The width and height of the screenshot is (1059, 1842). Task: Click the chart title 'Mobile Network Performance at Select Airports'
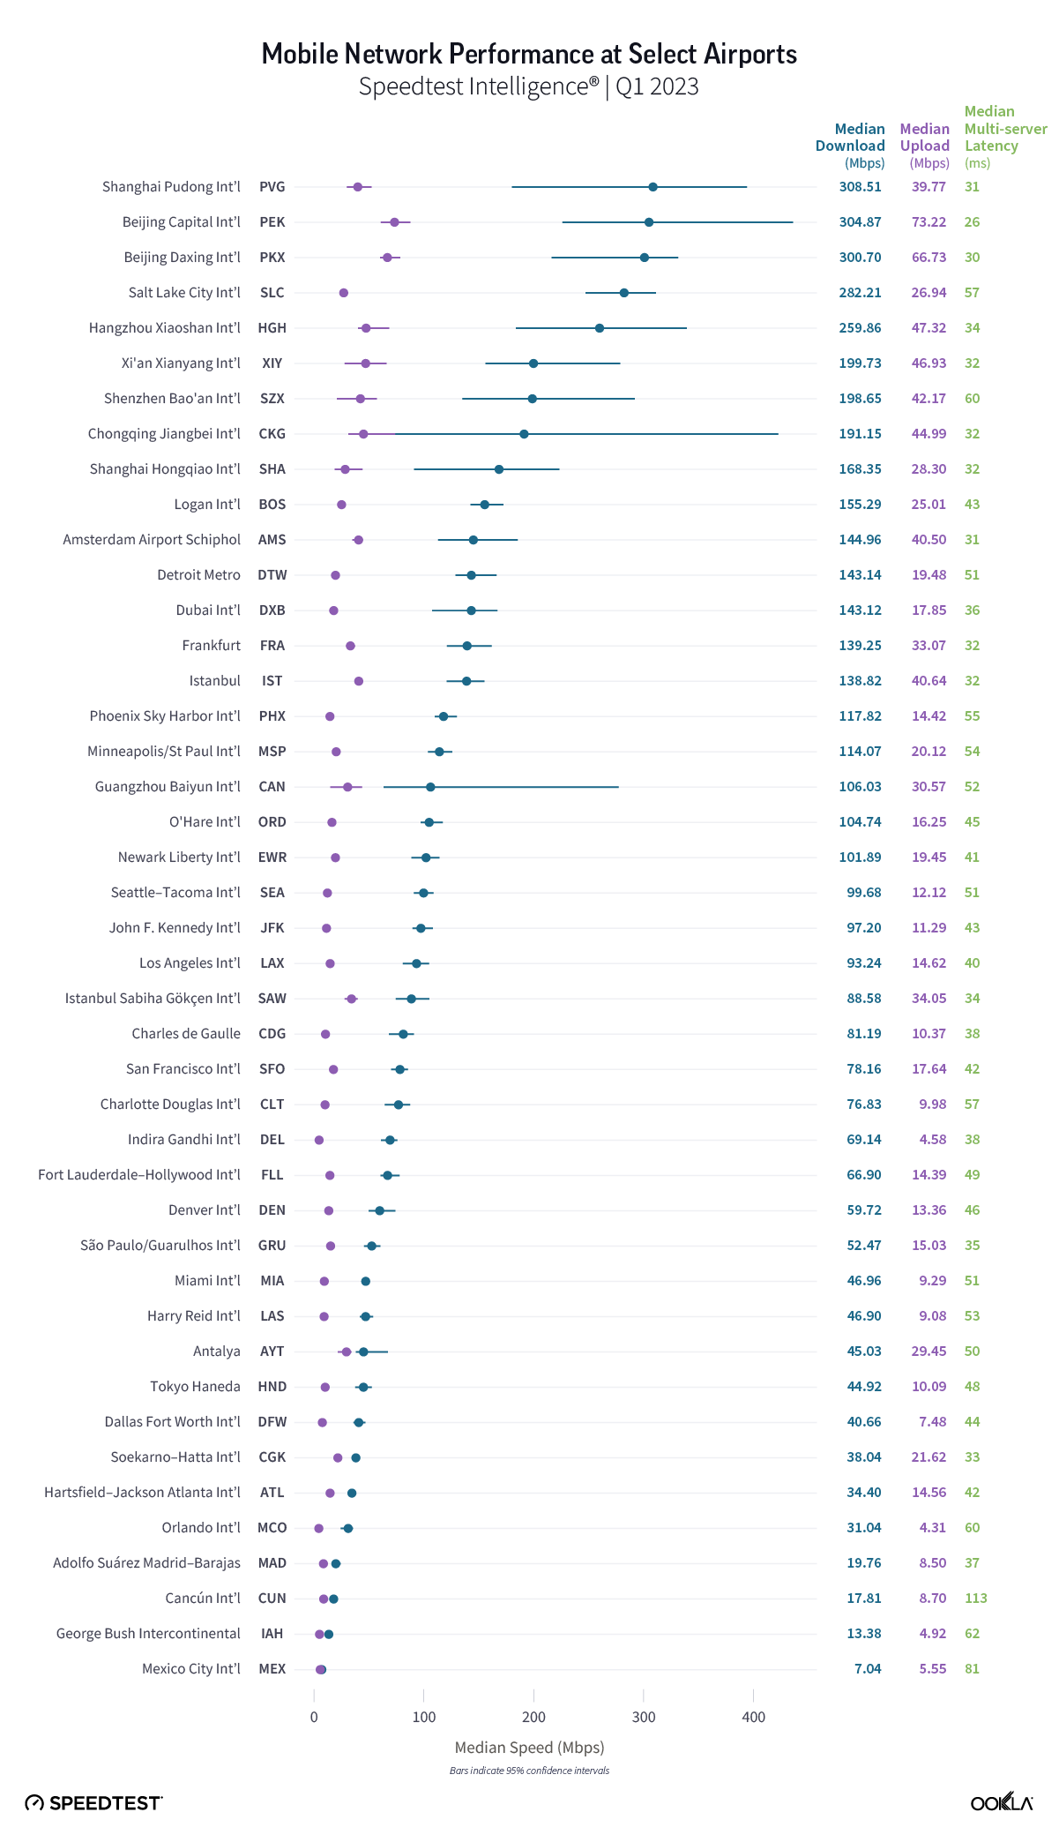pyautogui.click(x=529, y=55)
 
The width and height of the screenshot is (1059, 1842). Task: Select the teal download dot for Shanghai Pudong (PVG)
pyautogui.click(x=653, y=187)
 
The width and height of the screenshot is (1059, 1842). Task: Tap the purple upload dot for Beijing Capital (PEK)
pyautogui.click(x=394, y=222)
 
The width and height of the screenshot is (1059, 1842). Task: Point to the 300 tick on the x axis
pyautogui.click(x=644, y=1717)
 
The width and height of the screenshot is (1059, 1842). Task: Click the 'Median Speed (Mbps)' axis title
pyautogui.click(x=529, y=1748)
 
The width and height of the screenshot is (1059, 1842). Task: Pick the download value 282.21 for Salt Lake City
pyautogui.click(x=860, y=293)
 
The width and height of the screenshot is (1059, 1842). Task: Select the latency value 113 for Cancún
pyautogui.click(x=975, y=1599)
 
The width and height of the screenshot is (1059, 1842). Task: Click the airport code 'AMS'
pyautogui.click(x=272, y=540)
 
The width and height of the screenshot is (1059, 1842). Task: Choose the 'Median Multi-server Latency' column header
pyautogui.click(x=1003, y=137)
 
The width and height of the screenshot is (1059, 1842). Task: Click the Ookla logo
pyautogui.click(x=1001, y=1802)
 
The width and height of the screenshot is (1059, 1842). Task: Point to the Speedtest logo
pyautogui.click(x=93, y=1803)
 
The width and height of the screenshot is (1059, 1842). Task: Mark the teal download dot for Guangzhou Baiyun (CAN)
pyautogui.click(x=430, y=787)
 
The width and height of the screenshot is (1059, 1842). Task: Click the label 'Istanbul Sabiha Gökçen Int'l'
pyautogui.click(x=153, y=999)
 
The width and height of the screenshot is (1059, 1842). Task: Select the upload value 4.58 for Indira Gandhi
pyautogui.click(x=932, y=1140)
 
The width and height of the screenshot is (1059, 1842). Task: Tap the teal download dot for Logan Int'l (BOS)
pyautogui.click(x=484, y=505)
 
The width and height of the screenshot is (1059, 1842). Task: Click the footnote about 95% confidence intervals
pyautogui.click(x=529, y=1771)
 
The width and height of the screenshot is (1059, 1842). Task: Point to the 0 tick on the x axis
pyautogui.click(x=314, y=1717)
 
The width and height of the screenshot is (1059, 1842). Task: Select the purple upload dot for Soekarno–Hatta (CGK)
pyautogui.click(x=338, y=1457)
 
